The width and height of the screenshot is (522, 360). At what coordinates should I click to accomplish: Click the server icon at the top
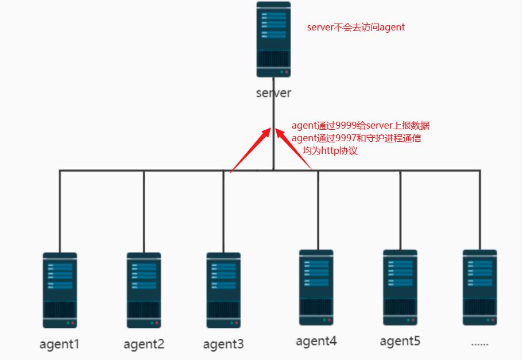click(273, 40)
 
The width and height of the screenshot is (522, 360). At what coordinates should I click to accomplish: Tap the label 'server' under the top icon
click(273, 92)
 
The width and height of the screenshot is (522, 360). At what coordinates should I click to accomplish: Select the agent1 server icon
click(59, 291)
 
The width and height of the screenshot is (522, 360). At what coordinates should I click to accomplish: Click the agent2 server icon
click(144, 291)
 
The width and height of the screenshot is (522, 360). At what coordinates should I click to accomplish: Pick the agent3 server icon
click(223, 291)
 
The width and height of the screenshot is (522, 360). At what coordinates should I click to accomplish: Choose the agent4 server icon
click(316, 287)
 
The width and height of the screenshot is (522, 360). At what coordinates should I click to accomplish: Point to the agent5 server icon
click(400, 287)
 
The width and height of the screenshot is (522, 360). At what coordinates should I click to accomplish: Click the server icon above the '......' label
click(480, 287)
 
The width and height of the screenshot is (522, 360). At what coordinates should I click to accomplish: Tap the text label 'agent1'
click(59, 344)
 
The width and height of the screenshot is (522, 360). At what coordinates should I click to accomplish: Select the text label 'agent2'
click(144, 344)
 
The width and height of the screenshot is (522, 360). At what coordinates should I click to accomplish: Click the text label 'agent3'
click(223, 344)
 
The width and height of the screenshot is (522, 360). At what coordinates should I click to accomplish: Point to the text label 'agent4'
click(316, 341)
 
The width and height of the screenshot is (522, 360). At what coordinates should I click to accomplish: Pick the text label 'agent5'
click(400, 341)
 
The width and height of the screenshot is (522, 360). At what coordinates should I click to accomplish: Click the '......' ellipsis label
click(480, 343)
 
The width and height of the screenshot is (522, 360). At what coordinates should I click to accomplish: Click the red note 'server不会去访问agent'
click(356, 27)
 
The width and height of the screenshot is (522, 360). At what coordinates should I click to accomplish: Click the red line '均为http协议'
click(330, 151)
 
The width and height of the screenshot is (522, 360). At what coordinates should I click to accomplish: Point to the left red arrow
click(250, 150)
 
